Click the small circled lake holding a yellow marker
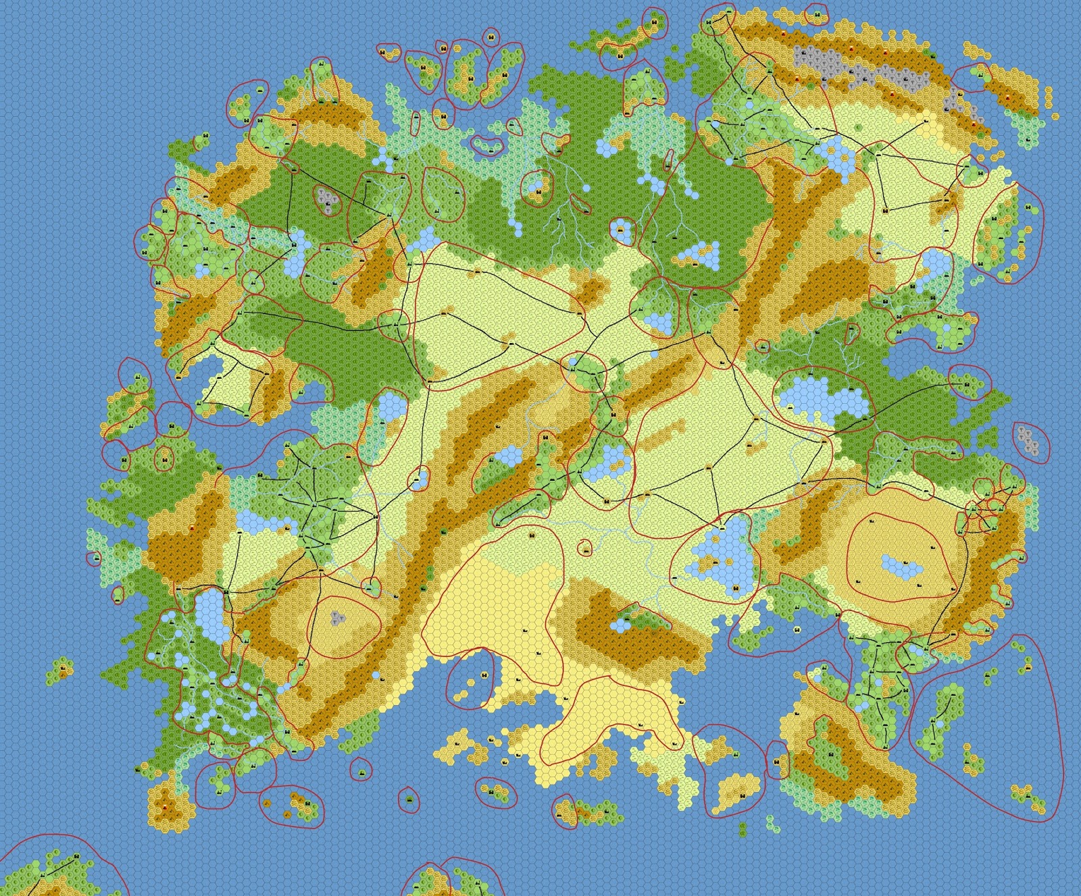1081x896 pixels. pyautogui.click(x=621, y=232)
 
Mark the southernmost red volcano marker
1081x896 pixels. pyautogui.click(x=166, y=808)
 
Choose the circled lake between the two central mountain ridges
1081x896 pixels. pyautogui.click(x=503, y=456)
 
